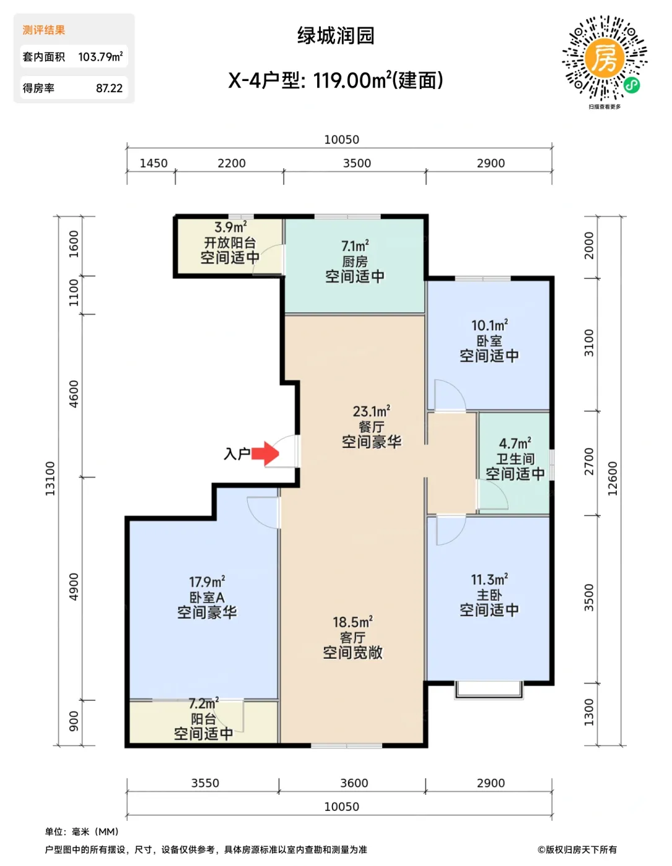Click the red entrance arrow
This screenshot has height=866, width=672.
[264, 453]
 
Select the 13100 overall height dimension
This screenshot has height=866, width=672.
[50, 478]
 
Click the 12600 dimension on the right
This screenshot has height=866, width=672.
[612, 478]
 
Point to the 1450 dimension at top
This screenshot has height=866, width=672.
[154, 163]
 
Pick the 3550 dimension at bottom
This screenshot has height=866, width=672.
[205, 783]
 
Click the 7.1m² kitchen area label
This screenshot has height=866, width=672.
[355, 246]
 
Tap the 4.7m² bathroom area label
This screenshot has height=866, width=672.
[515, 443]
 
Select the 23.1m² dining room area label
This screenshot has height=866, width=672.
[372, 411]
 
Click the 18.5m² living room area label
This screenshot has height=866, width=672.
[353, 622]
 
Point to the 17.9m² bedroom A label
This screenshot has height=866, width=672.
[207, 582]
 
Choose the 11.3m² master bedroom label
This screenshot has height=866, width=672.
[489, 580]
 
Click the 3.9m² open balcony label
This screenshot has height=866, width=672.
[230, 227]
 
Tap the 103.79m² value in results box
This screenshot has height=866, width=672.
[100, 56]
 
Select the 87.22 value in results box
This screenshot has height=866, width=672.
[109, 88]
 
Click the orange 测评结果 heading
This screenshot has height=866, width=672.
[43, 30]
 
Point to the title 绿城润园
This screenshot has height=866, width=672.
[336, 36]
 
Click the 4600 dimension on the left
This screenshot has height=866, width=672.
[74, 394]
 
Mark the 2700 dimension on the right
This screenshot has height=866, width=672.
[589, 461]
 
